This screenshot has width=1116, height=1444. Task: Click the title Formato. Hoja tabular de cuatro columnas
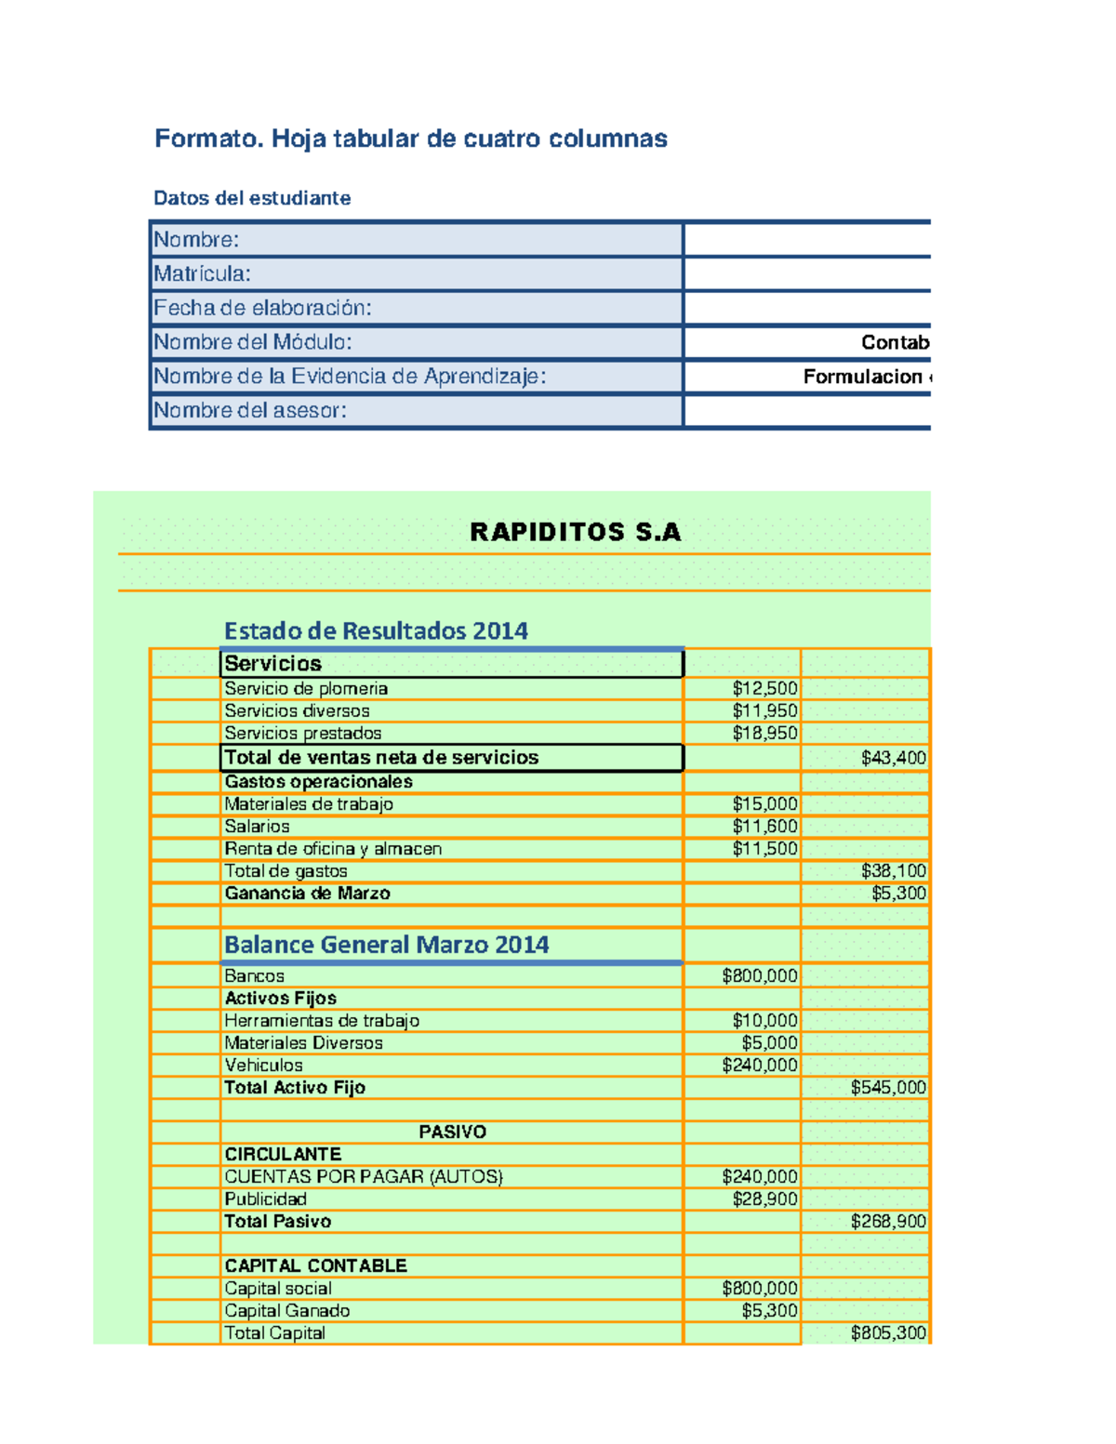[410, 139]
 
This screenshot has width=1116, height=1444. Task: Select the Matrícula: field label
[202, 274]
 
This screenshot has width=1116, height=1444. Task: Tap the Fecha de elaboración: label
[262, 308]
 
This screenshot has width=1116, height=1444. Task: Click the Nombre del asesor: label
[249, 411]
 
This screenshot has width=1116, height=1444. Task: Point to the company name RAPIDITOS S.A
[575, 532]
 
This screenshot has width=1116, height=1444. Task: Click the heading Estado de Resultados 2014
[376, 631]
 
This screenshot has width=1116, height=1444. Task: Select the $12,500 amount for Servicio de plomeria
[764, 689]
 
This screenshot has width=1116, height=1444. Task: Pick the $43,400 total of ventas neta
[893, 758]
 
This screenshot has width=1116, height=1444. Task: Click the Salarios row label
[257, 827]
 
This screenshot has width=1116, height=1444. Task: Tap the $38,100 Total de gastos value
[893, 871]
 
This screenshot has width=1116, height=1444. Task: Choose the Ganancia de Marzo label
[307, 894]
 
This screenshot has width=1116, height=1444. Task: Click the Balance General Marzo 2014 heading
[386, 946]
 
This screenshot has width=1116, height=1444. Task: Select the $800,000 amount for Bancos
[759, 976]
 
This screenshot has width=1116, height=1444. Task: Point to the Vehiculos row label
[263, 1066]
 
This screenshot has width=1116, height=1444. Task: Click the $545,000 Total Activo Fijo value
[888, 1088]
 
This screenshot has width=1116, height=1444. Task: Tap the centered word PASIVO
[452, 1133]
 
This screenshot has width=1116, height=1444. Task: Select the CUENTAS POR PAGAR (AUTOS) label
[363, 1177]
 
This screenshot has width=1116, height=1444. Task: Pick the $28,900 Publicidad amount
[764, 1199]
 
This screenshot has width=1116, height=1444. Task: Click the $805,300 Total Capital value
[888, 1333]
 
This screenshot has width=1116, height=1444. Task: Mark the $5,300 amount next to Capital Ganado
[769, 1311]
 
